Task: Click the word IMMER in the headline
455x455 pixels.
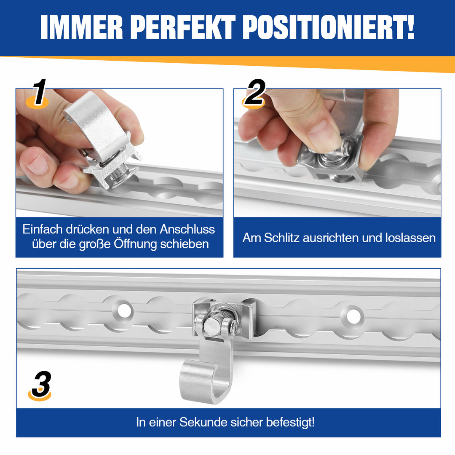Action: (x=82, y=27)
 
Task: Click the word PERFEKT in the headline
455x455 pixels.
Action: (x=183, y=27)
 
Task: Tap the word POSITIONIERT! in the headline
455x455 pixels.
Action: (x=328, y=27)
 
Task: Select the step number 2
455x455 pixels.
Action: (x=255, y=92)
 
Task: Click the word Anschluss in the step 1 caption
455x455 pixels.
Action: (x=187, y=230)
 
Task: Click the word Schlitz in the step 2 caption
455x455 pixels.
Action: (x=281, y=238)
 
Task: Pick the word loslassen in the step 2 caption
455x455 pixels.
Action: (x=410, y=238)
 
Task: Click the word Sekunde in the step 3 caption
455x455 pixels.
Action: (x=203, y=422)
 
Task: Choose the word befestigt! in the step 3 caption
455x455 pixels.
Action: (x=290, y=423)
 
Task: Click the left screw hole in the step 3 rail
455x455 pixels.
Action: (x=123, y=311)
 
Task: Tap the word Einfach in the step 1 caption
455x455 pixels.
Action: (x=43, y=230)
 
